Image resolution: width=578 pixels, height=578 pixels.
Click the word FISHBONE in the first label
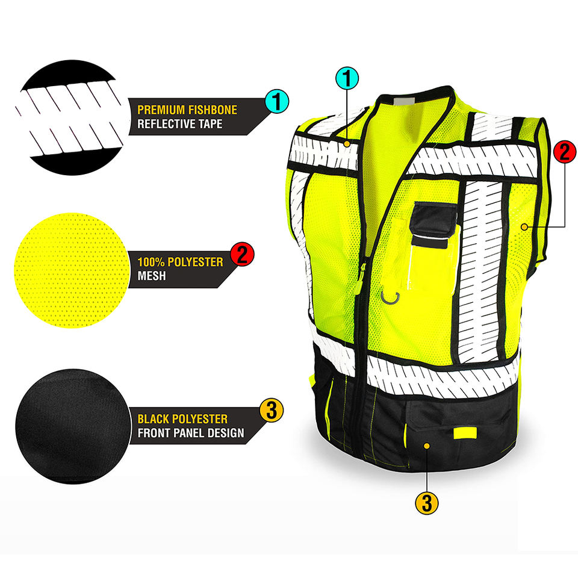[x=213, y=110]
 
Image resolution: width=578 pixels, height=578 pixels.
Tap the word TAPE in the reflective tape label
[x=210, y=124]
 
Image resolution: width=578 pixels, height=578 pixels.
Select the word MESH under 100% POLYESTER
[x=152, y=276]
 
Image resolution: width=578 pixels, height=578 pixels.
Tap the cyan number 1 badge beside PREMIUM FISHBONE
[x=277, y=101]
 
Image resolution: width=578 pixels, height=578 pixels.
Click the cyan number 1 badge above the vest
[x=347, y=78]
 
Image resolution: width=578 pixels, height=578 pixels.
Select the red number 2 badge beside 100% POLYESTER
[x=242, y=254]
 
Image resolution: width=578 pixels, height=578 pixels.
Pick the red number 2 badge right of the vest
[x=565, y=152]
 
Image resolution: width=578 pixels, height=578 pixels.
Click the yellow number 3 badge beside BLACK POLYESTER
[x=272, y=410]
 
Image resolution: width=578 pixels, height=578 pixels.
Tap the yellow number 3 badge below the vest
[x=427, y=503]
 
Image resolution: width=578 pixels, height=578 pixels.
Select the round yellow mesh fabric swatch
[x=71, y=270]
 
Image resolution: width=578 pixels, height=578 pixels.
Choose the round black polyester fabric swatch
[x=73, y=426]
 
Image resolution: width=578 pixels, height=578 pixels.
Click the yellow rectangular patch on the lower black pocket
[x=465, y=433]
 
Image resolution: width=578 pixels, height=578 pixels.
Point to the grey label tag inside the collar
[x=405, y=101]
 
